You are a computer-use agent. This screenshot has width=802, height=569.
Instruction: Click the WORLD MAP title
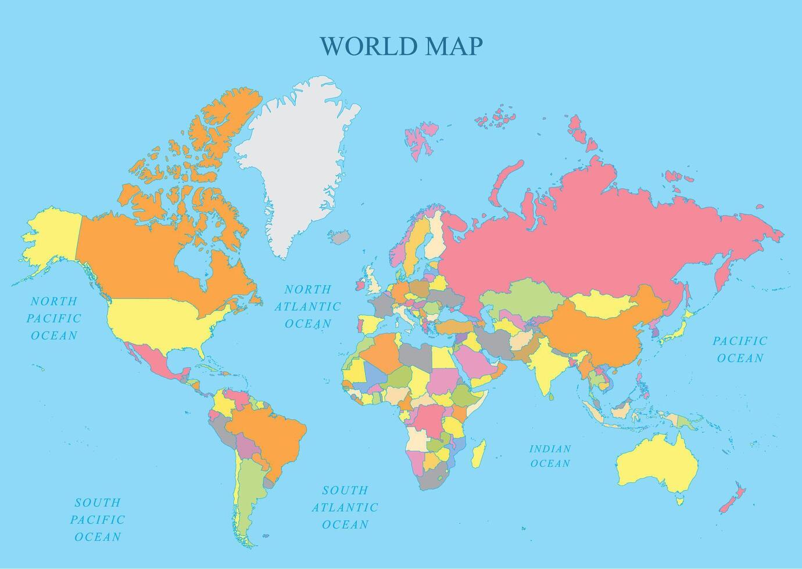[x=401, y=46]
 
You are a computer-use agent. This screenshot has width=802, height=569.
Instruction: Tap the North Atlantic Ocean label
[x=307, y=306]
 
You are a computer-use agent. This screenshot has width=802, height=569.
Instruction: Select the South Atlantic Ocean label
[x=345, y=507]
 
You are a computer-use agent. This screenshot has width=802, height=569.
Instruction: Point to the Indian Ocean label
[x=550, y=456]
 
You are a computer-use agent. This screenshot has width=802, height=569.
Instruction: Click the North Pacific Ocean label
[x=53, y=318]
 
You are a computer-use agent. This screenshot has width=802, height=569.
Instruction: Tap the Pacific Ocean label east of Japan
[x=740, y=349]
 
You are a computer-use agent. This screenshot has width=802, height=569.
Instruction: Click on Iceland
[x=339, y=237]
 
